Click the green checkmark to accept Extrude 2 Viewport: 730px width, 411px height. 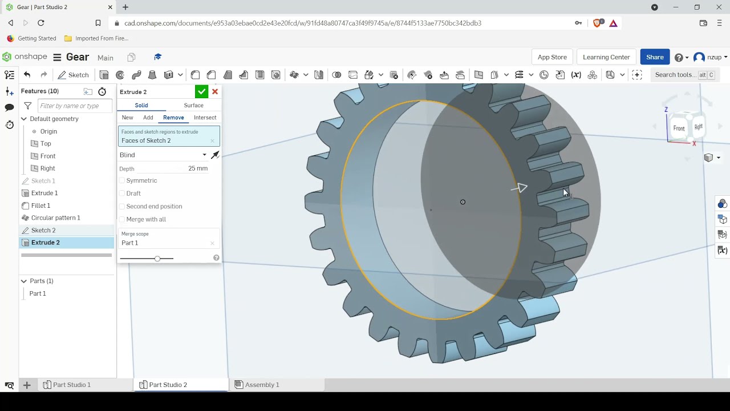pyautogui.click(x=201, y=92)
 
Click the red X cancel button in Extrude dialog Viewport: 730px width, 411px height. pyautogui.click(x=215, y=92)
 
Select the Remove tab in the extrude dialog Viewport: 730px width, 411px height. pyautogui.click(x=173, y=118)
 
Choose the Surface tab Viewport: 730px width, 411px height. pyautogui.click(x=193, y=105)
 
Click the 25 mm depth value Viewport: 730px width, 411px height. pyautogui.click(x=197, y=168)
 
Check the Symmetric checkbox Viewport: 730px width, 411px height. pyautogui.click(x=122, y=180)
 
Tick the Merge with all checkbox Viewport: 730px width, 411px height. pyautogui.click(x=122, y=219)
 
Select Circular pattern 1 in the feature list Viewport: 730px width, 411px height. pyautogui.click(x=55, y=217)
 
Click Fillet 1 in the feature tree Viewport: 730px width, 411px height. pyautogui.click(x=40, y=205)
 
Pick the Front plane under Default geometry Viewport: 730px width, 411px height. pyautogui.click(x=47, y=156)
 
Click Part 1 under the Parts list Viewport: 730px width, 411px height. pyautogui.click(x=38, y=293)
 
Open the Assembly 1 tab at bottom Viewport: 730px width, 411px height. pyautogui.click(x=262, y=385)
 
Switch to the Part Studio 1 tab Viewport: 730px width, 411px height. pyautogui.click(x=71, y=385)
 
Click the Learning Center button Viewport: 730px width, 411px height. pyautogui.click(x=606, y=57)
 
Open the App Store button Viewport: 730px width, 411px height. pyautogui.click(x=552, y=57)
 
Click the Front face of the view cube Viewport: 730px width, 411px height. pyautogui.click(x=679, y=128)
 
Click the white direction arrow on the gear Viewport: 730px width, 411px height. pyautogui.click(x=520, y=188)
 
